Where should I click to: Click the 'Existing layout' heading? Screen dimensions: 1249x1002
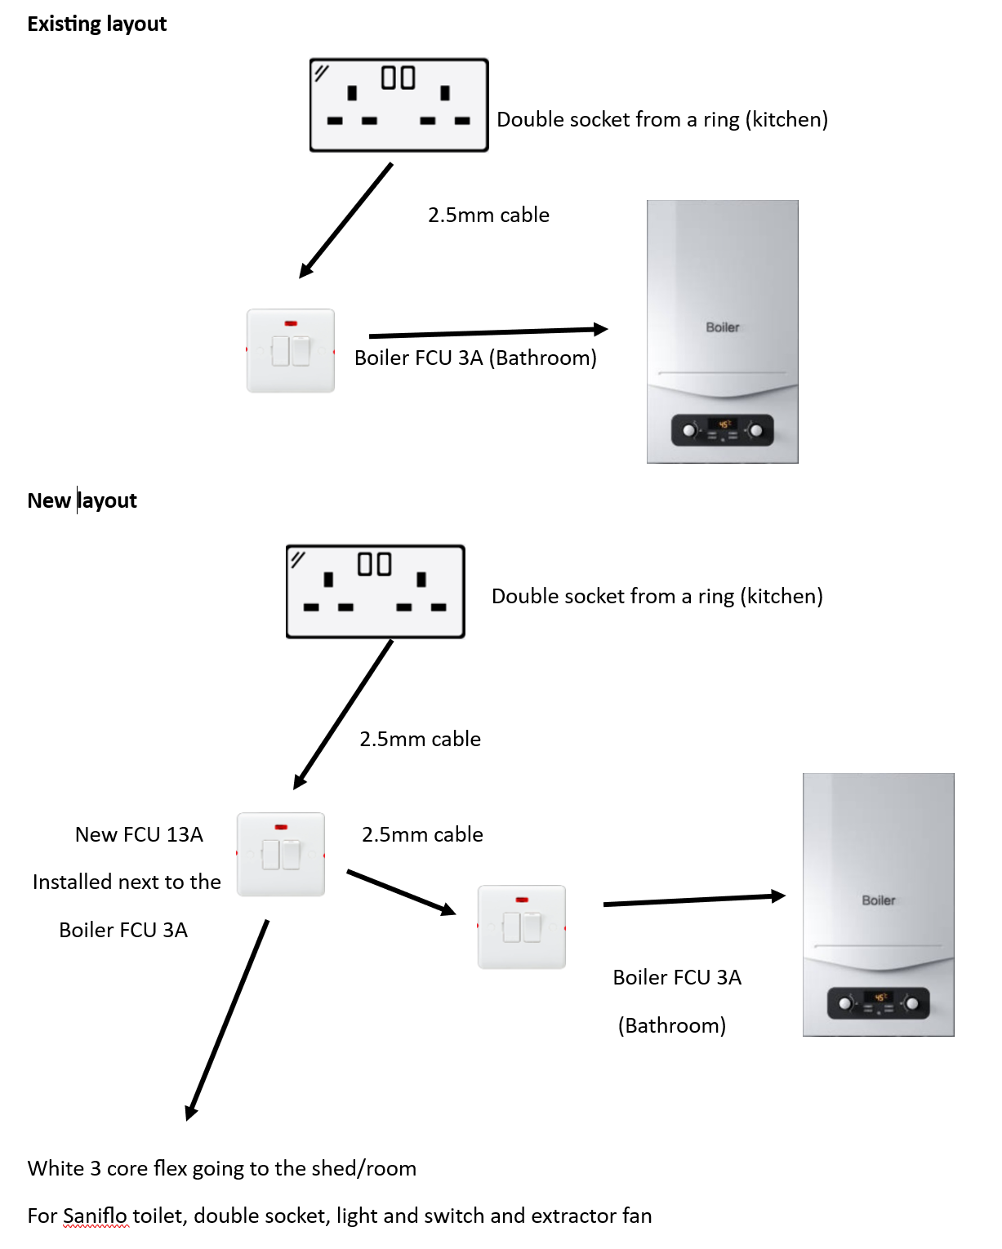(x=96, y=24)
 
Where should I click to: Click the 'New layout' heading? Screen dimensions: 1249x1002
(x=82, y=500)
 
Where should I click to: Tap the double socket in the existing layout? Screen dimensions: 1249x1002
(x=399, y=105)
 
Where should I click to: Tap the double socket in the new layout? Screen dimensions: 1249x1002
(x=375, y=592)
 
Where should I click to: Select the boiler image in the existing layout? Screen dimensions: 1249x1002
(x=722, y=331)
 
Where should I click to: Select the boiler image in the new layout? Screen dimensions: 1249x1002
(x=878, y=905)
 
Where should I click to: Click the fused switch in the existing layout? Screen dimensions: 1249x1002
(x=291, y=351)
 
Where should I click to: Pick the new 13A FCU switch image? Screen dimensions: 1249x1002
(x=281, y=854)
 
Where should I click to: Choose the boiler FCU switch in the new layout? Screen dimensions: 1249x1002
(x=522, y=927)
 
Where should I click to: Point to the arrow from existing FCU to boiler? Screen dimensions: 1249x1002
(x=488, y=332)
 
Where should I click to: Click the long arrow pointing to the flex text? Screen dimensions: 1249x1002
(x=227, y=1020)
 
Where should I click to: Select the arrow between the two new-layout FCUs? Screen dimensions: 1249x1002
(x=401, y=891)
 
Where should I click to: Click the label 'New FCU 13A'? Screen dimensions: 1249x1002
(x=139, y=834)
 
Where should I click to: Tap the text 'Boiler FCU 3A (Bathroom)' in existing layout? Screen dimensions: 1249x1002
(x=475, y=358)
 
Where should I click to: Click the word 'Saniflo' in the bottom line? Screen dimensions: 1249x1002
(x=95, y=1216)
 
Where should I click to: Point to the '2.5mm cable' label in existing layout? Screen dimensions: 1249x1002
(x=488, y=215)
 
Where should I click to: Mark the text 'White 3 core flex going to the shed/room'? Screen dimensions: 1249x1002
(x=222, y=1168)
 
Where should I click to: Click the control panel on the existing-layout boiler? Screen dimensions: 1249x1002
(x=722, y=429)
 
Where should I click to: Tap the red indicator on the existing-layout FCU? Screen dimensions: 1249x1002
(x=291, y=324)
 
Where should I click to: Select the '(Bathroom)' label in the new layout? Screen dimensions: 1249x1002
(x=671, y=1025)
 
